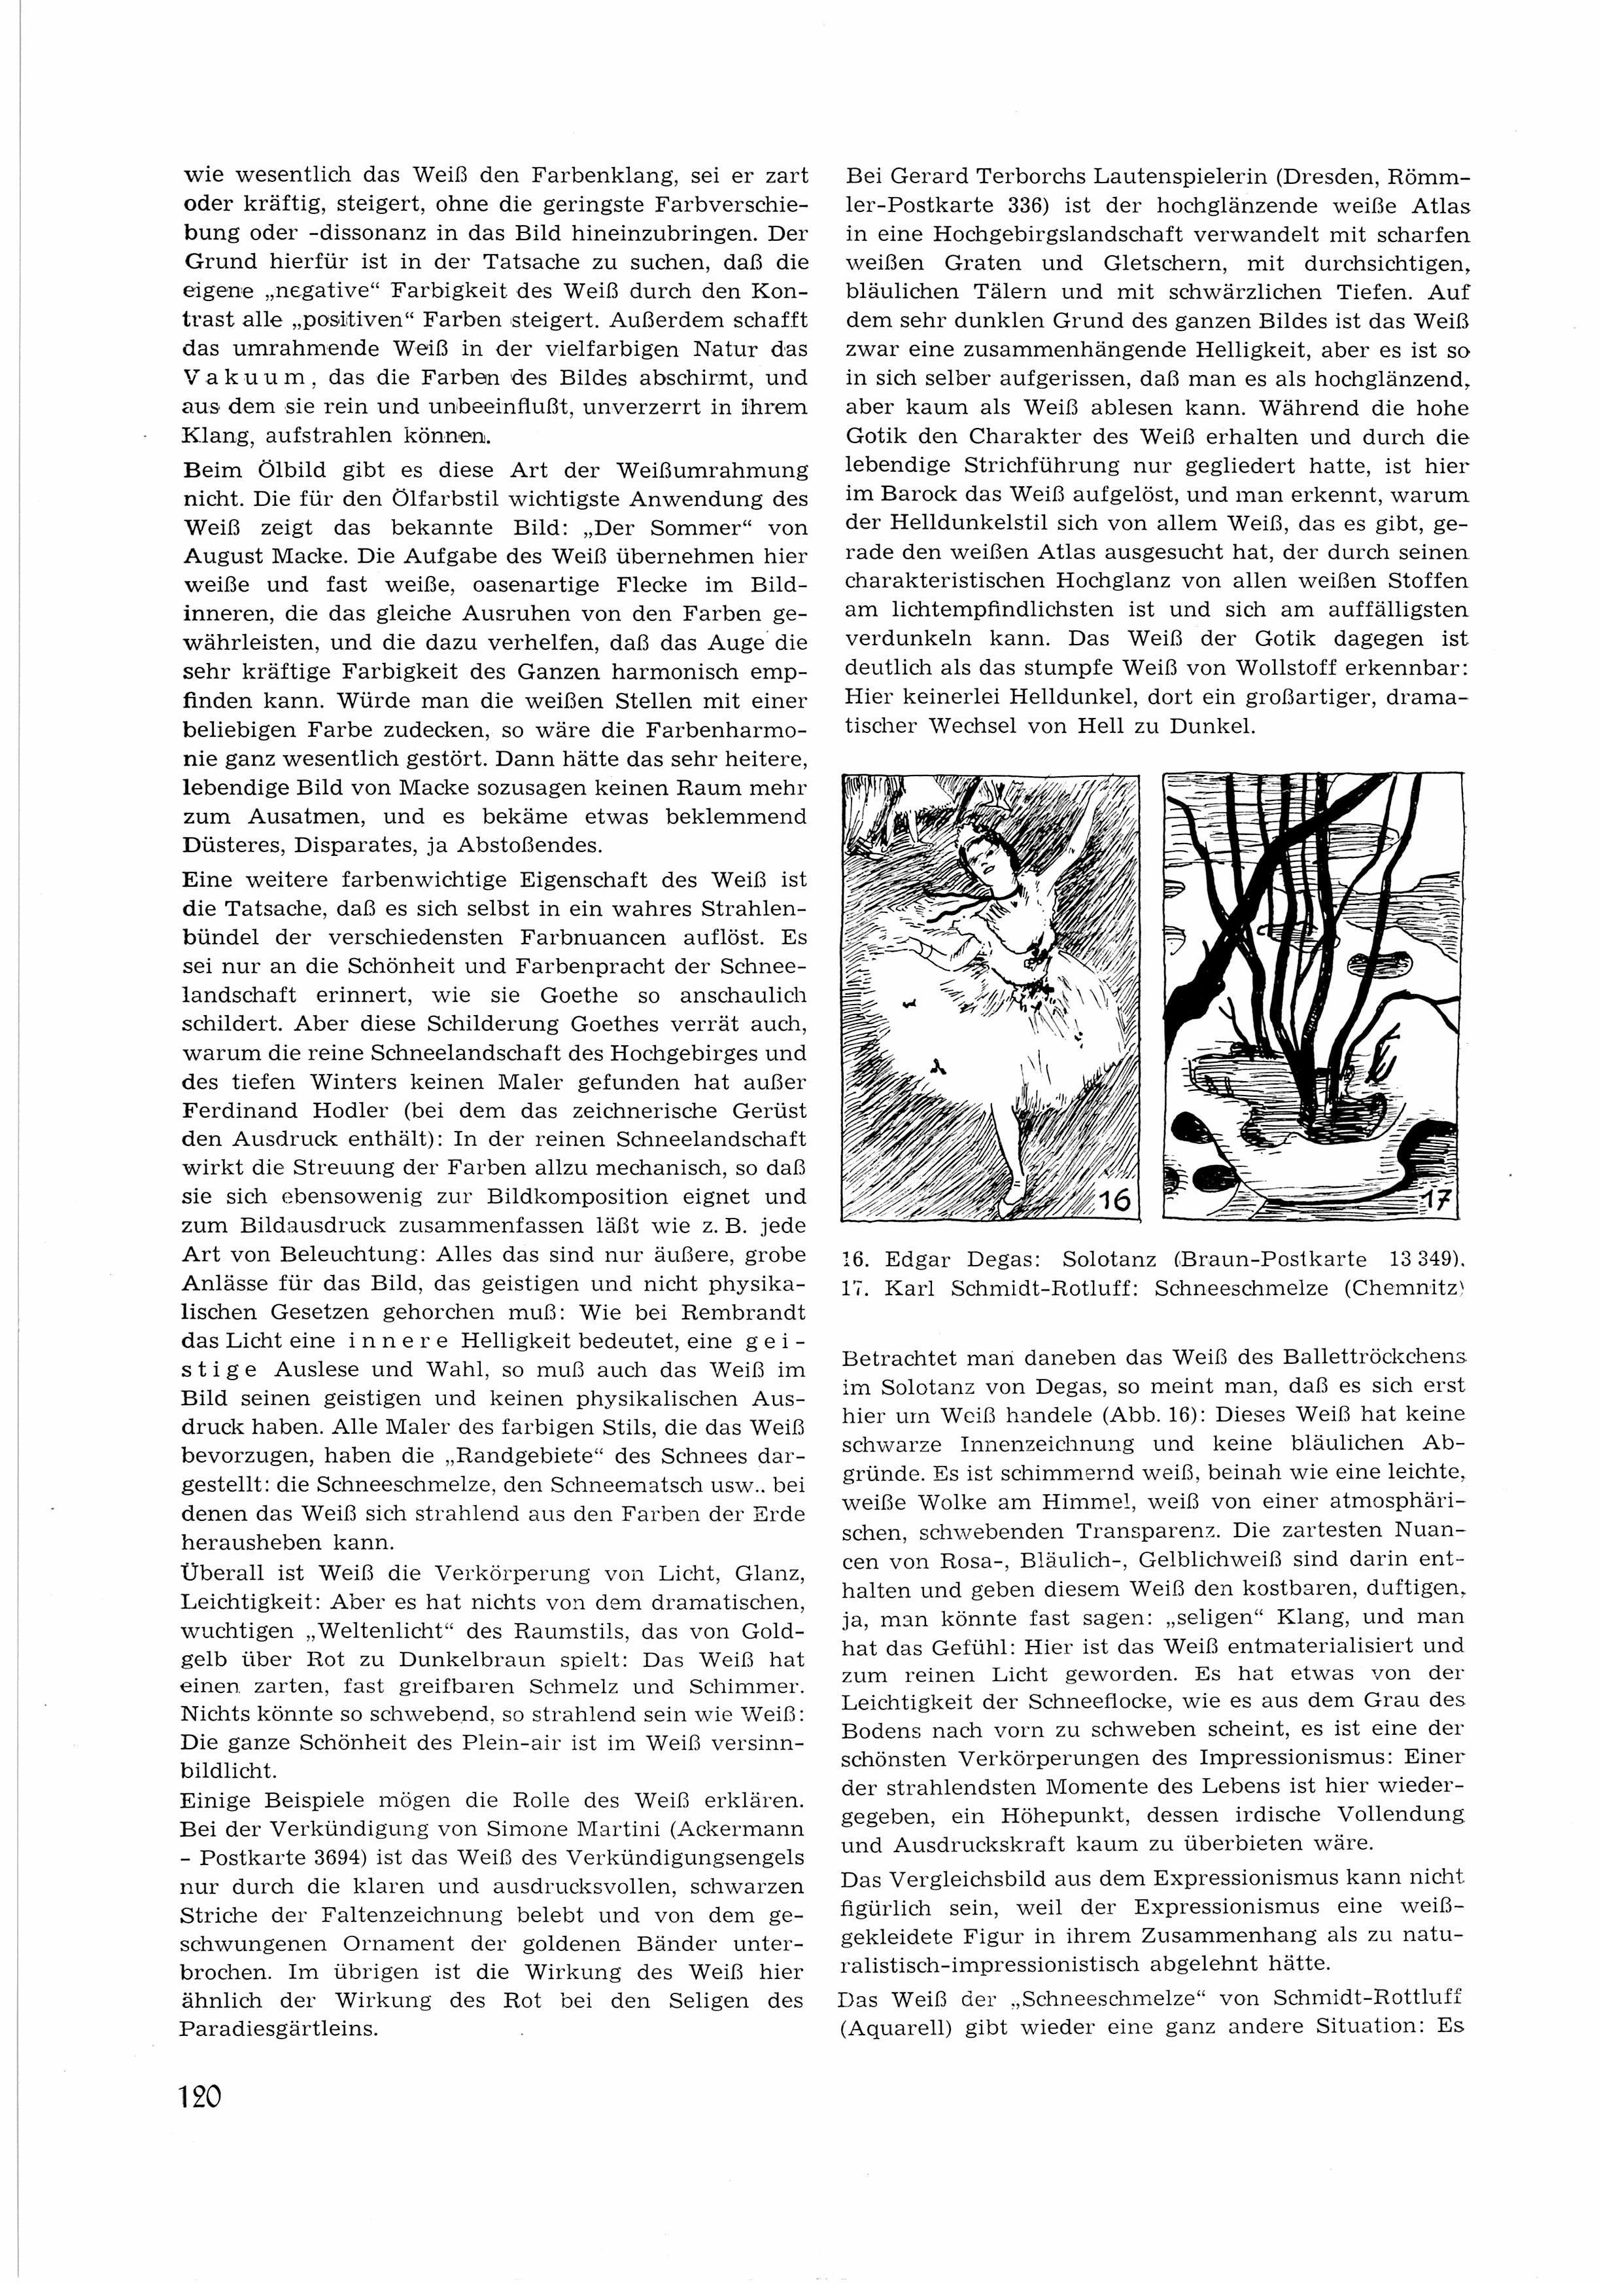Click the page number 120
(200, 2097)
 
